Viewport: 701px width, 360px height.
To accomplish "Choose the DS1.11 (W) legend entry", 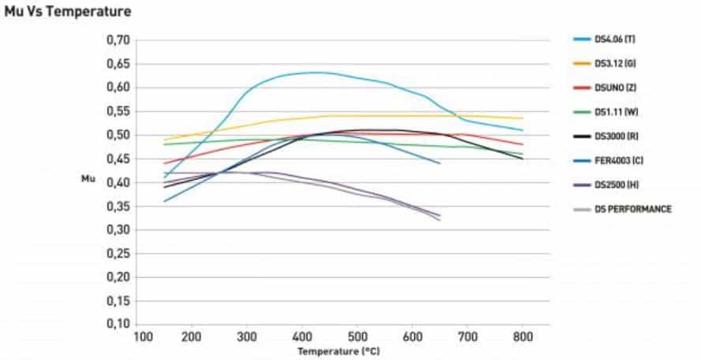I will (613, 111).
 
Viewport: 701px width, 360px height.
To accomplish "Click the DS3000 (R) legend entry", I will (613, 136).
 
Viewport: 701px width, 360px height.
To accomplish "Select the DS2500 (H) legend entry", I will (613, 185).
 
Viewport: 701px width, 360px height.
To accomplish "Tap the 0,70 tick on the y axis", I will (117, 39).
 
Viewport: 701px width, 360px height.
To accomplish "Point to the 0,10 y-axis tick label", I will (117, 324).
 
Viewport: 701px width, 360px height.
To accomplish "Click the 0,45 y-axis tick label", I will (117, 159).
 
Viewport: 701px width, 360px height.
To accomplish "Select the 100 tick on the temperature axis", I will (142, 336).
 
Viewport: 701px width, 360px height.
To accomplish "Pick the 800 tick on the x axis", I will (523, 336).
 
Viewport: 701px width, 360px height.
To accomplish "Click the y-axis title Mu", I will (88, 179).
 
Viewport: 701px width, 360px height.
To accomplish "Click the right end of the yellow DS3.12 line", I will (523, 118).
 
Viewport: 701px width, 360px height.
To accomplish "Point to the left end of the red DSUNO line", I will (164, 163).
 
